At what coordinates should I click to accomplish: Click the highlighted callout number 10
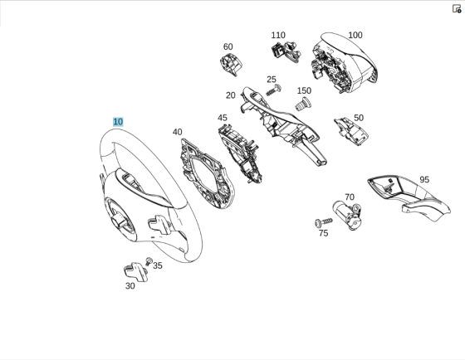click(118, 122)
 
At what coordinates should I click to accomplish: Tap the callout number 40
click(177, 132)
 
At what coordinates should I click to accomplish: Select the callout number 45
click(223, 118)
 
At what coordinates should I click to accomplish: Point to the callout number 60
click(228, 47)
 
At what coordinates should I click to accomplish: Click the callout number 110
click(278, 36)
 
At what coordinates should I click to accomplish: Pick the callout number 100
click(355, 36)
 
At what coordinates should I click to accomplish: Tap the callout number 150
click(304, 91)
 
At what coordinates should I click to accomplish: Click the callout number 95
click(424, 179)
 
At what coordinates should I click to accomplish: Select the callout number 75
click(323, 233)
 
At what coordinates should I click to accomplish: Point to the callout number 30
click(130, 286)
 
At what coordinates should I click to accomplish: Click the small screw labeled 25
click(278, 87)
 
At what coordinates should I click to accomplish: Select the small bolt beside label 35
click(149, 261)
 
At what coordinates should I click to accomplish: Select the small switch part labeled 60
click(229, 63)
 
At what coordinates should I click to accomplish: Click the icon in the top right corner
click(456, 8)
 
